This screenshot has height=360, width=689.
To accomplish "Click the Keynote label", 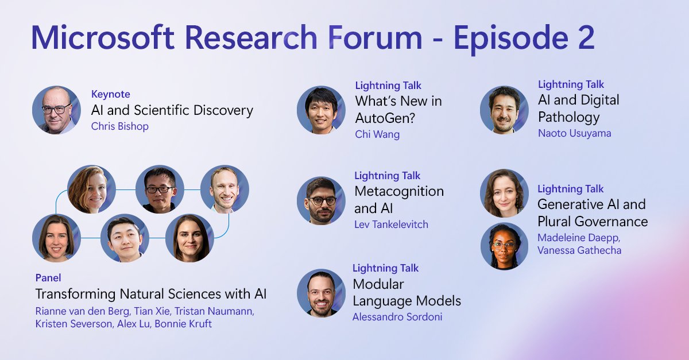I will click(110, 94).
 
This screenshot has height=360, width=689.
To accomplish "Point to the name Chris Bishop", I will click(119, 126).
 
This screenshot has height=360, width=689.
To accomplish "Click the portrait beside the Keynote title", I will click(56, 110).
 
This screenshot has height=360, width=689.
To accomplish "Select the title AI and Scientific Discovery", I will click(172, 110).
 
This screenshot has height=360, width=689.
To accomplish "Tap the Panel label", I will click(48, 278).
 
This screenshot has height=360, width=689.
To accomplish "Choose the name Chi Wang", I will click(377, 134).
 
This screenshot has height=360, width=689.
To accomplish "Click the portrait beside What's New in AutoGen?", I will click(321, 110).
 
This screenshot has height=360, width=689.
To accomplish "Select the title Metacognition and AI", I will click(398, 199).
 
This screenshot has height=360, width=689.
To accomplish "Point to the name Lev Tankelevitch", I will click(391, 224).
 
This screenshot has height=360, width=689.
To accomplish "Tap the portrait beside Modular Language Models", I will click(321, 293).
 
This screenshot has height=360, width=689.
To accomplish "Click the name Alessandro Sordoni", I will click(397, 317).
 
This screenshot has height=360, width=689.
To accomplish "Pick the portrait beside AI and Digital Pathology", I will click(504, 110).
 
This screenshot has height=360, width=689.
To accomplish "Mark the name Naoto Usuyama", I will click(574, 133).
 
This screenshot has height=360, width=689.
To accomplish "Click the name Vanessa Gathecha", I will click(579, 250).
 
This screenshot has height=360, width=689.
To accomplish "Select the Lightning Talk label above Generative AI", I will click(570, 189).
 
